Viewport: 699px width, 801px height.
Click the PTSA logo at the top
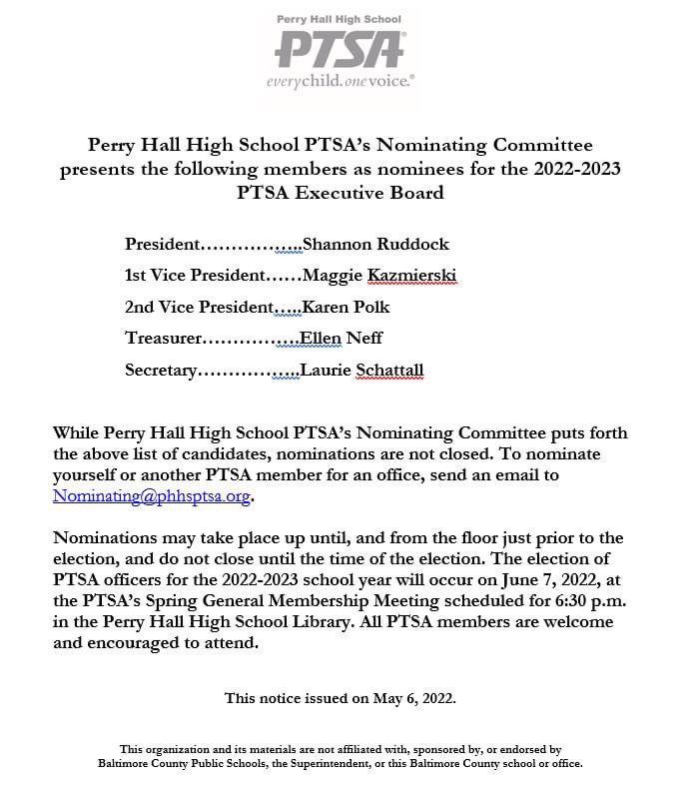340,48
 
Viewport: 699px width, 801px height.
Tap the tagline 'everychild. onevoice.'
340,80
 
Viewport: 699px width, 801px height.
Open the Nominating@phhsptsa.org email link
152,494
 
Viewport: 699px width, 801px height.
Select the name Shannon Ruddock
375,244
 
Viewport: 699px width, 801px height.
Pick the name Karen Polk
346,307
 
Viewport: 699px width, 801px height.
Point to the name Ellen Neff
342,338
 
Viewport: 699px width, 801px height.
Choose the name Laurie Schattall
361,370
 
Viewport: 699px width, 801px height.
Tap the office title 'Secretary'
161,370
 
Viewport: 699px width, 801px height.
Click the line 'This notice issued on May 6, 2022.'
340,698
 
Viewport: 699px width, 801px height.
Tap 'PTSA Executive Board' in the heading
340,192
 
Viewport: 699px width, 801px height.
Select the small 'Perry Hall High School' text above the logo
340,19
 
